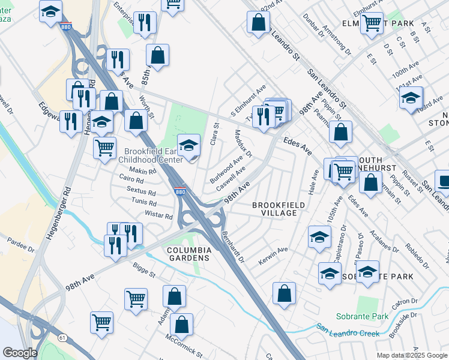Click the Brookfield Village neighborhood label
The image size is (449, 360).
274,209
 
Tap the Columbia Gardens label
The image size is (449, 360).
188,253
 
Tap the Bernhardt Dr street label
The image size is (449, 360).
233,247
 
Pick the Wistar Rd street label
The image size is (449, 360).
159,214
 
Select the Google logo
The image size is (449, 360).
20,353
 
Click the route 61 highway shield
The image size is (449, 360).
62,338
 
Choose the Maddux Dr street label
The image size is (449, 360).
244,142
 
